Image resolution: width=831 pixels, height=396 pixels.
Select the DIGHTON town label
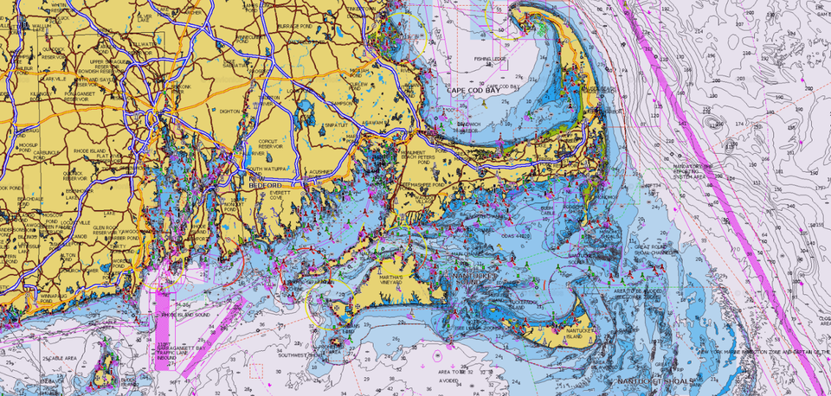pos(230,112)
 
